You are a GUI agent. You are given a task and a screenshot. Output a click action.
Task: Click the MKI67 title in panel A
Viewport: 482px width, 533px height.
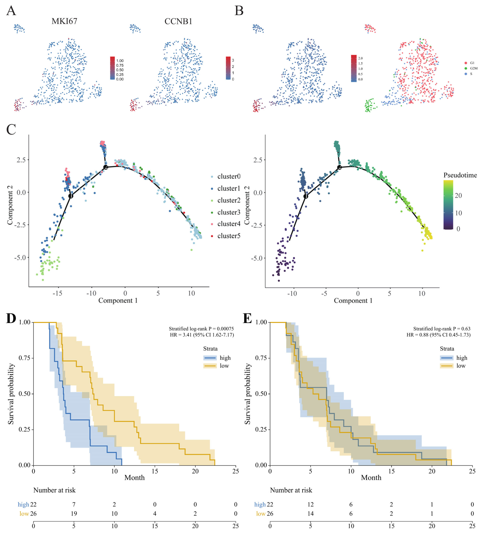(64, 21)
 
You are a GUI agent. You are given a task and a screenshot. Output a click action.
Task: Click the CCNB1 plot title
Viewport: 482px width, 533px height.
(178, 21)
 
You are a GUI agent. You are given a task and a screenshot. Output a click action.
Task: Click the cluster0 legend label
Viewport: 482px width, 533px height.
(229, 176)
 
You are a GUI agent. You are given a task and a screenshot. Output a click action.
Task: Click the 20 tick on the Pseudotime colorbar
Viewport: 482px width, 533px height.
(458, 195)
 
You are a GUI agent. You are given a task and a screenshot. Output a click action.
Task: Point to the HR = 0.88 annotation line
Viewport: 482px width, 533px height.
(439, 335)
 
